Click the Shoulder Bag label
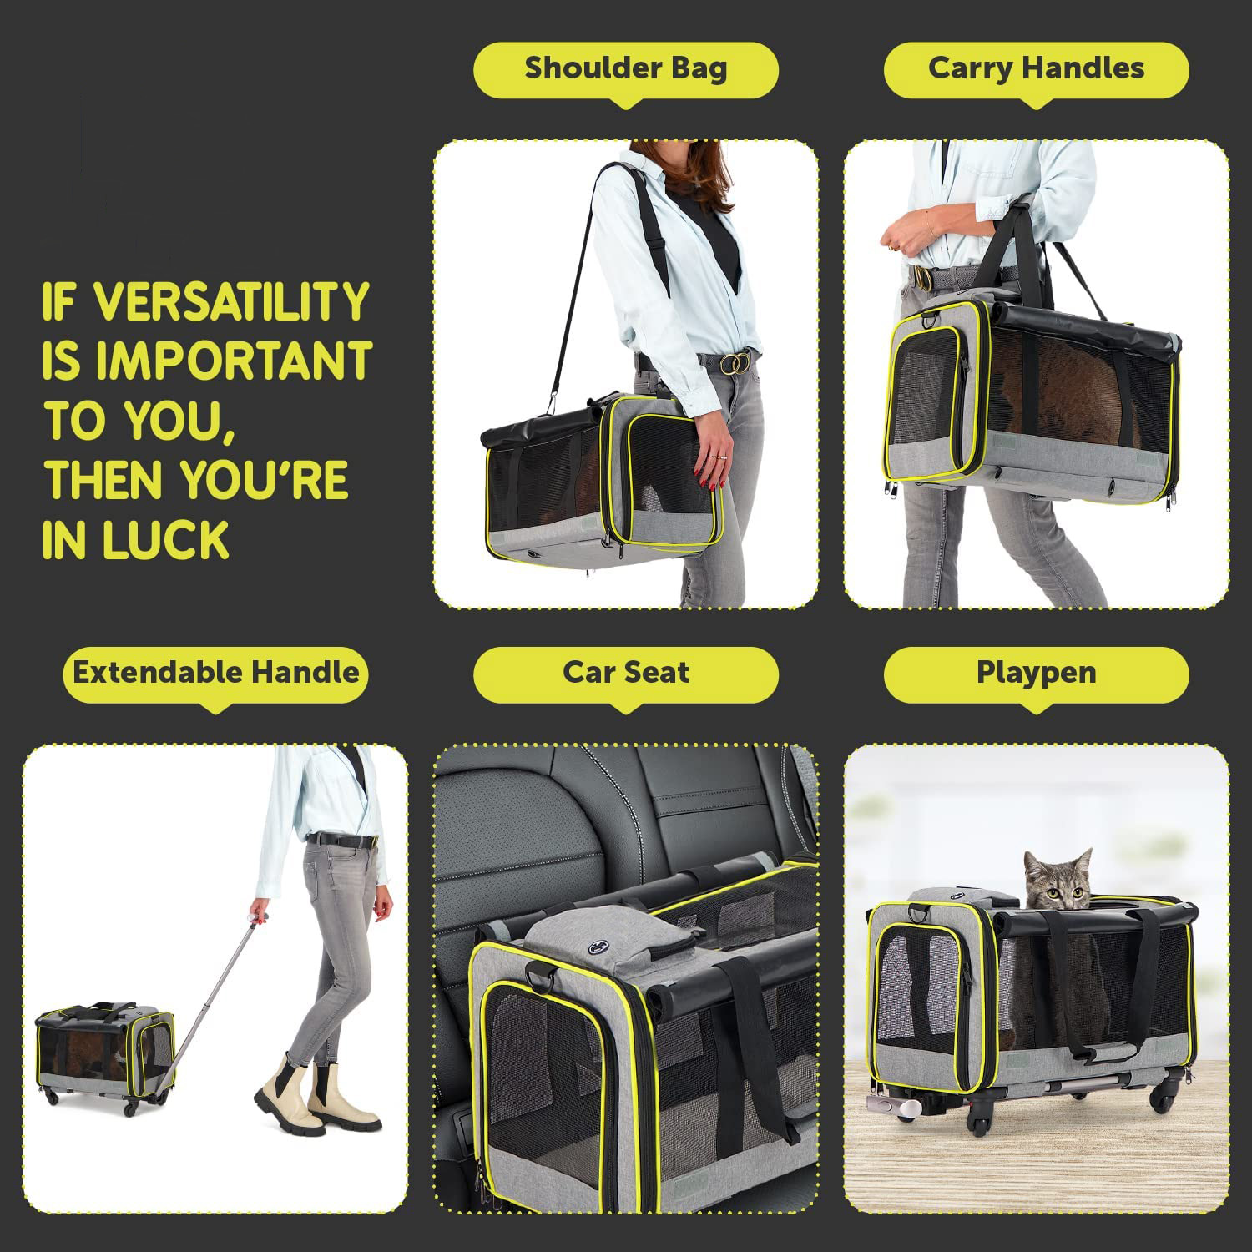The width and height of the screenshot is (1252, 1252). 626,68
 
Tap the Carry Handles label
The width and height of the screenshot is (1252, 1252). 1036,68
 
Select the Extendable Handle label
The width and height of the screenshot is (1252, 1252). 215,673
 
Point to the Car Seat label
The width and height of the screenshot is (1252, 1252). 626,673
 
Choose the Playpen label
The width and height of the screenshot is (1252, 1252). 1036,673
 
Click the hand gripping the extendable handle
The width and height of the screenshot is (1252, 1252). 260,916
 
